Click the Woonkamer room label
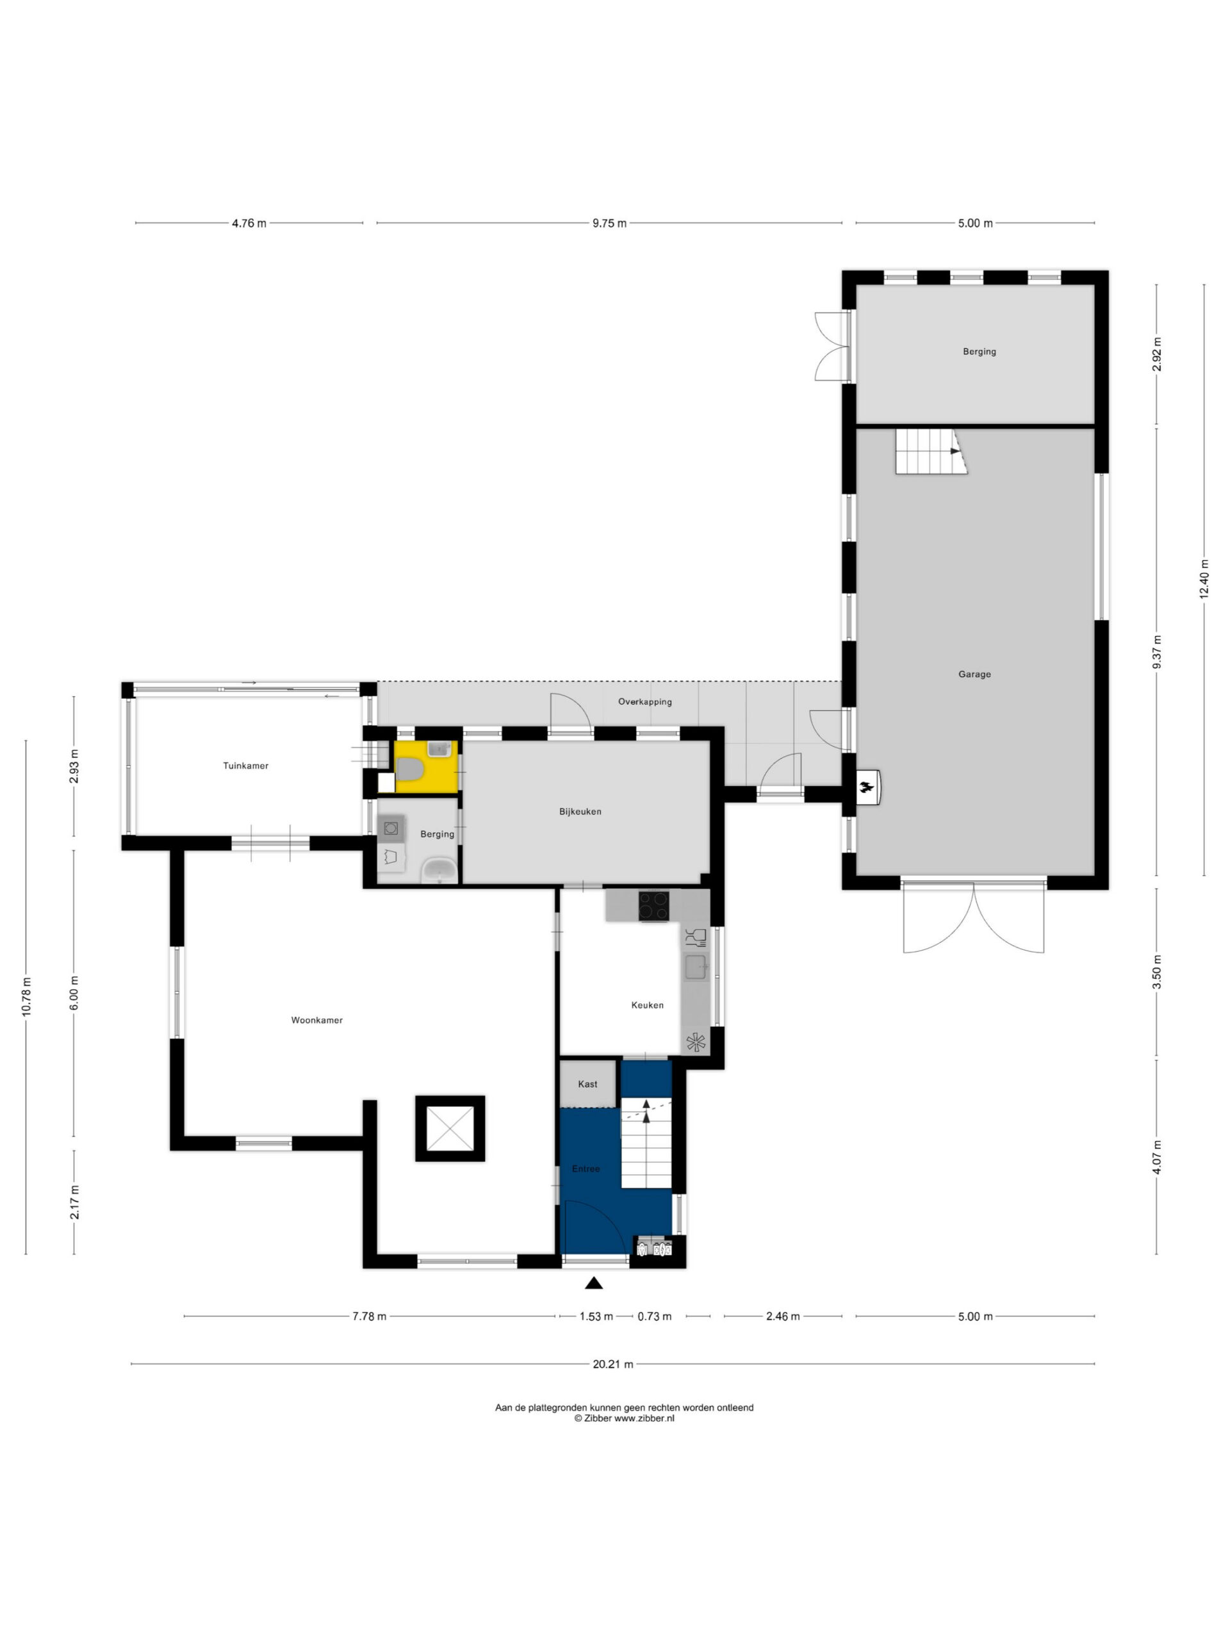(316, 1020)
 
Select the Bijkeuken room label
(580, 812)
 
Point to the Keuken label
(647, 1005)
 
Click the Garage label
(974, 674)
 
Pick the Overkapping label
(645, 701)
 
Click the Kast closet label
(587, 1084)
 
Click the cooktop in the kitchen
(653, 905)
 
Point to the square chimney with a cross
(449, 1128)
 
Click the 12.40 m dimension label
(1203, 579)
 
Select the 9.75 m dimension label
(609, 223)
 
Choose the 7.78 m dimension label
(368, 1316)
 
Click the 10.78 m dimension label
(26, 998)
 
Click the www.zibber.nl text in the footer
(644, 1418)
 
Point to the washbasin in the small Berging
(440, 871)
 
